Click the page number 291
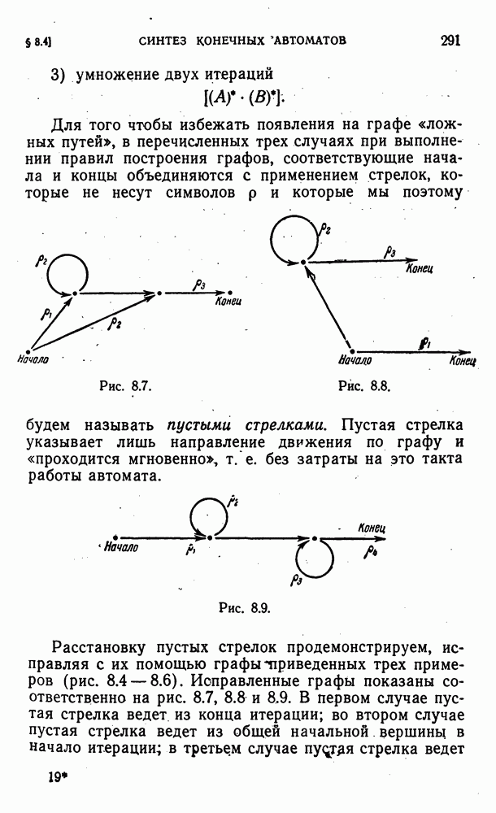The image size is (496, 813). click(x=450, y=40)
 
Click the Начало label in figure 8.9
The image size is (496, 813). click(x=122, y=547)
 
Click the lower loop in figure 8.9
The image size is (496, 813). click(x=315, y=557)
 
